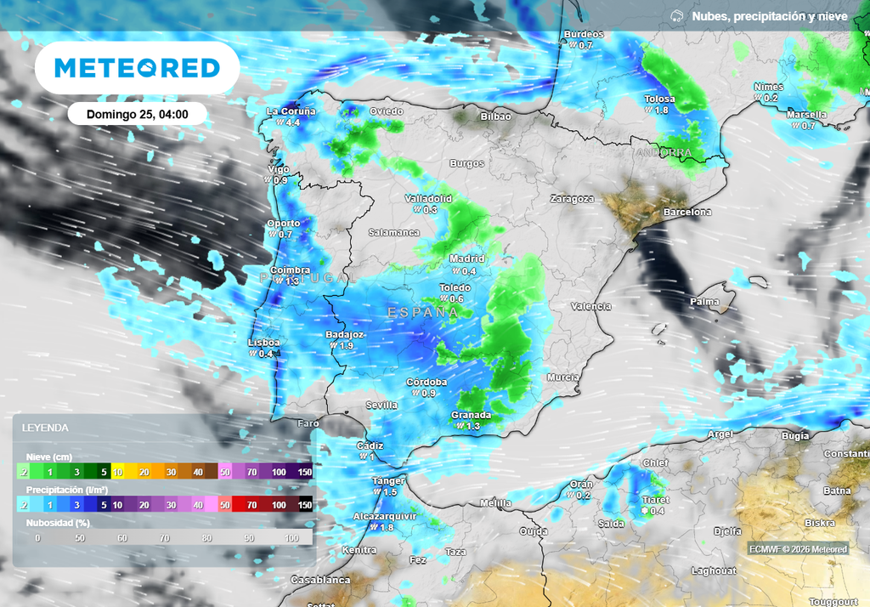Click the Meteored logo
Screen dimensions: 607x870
(x=137, y=68)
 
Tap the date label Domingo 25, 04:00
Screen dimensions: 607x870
(x=137, y=114)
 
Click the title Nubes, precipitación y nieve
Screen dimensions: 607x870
(x=769, y=16)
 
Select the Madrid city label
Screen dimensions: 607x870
(x=466, y=258)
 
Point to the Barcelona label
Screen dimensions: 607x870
(x=688, y=212)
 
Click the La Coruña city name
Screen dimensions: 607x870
(x=291, y=111)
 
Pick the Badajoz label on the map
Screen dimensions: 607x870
(x=345, y=334)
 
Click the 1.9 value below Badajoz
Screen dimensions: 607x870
(x=347, y=346)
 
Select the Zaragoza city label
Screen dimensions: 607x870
(x=572, y=199)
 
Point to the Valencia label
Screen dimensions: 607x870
(x=591, y=306)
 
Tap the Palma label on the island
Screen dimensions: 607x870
(x=704, y=302)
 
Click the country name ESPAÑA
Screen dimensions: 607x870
(x=423, y=313)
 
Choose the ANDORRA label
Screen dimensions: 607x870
(x=664, y=153)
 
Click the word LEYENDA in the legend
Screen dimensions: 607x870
(x=45, y=428)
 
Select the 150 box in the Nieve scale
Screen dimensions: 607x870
(x=304, y=472)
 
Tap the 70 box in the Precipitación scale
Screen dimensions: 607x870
(x=252, y=505)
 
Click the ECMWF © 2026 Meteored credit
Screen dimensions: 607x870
(x=798, y=549)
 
